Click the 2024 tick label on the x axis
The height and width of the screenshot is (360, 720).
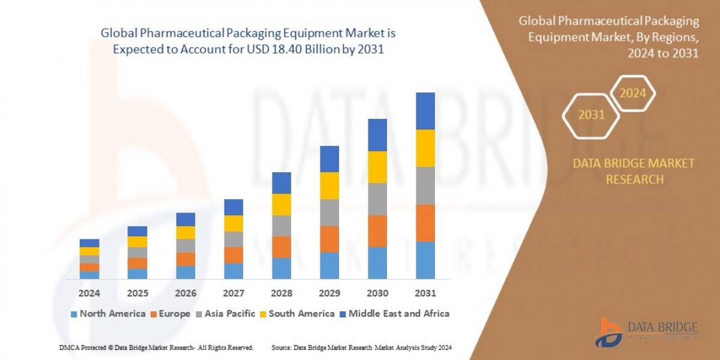coord(89,294)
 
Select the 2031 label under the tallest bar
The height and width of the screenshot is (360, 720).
coord(425,294)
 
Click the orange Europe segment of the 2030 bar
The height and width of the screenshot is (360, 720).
coord(377,231)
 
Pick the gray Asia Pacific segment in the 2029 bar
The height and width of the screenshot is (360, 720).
coord(329,212)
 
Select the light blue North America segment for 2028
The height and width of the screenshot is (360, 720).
coord(281,268)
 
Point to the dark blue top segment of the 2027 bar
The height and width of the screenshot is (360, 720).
coord(233,207)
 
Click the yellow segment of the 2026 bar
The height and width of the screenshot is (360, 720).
coord(185,232)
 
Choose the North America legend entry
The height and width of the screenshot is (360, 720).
coord(108,313)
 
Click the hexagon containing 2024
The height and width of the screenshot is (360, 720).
coord(632,94)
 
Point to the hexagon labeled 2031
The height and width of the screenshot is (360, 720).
coord(591,115)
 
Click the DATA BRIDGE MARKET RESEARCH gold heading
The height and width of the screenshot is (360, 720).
coord(634,171)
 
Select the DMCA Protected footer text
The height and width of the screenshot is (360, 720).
coord(156,347)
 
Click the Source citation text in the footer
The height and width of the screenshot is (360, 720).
coord(361,347)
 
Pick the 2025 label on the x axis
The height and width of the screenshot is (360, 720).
coord(137,294)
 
